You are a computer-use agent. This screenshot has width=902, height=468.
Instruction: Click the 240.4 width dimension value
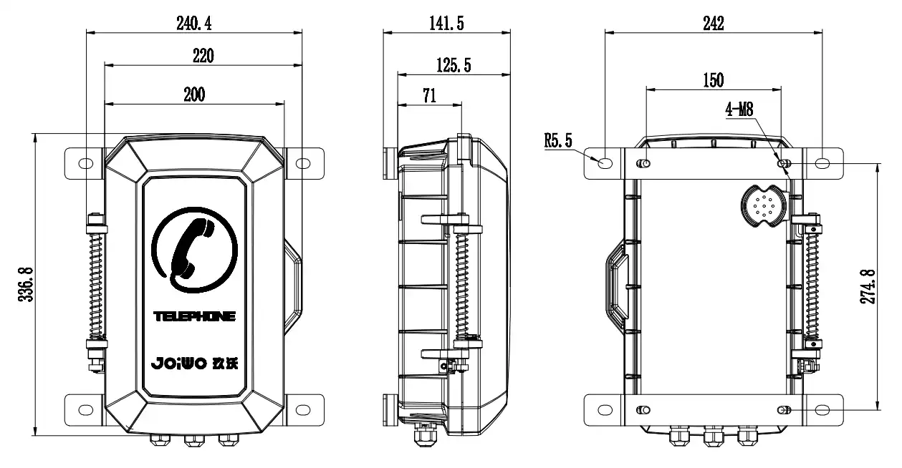[193, 24]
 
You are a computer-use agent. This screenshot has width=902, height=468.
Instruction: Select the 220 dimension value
[203, 56]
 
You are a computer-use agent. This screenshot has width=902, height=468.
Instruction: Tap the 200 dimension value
[194, 94]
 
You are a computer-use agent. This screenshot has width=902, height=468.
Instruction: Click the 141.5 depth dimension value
[446, 24]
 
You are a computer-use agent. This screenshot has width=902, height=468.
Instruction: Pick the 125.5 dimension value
[454, 65]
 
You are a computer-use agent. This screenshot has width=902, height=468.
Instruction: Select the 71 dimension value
[429, 96]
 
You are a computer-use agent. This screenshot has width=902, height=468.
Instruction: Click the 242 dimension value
[713, 24]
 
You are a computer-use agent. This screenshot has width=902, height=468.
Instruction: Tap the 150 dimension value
[713, 80]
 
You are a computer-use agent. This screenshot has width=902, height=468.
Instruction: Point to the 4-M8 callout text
[739, 109]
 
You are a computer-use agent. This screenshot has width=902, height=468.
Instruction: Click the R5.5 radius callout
[558, 140]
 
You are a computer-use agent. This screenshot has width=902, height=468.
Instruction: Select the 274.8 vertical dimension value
[868, 287]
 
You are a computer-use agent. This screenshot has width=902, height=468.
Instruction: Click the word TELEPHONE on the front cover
[194, 316]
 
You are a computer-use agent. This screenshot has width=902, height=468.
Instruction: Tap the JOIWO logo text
[179, 363]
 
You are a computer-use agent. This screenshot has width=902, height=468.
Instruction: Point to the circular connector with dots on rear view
[764, 206]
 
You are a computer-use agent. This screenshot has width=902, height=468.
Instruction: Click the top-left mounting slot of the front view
[86, 164]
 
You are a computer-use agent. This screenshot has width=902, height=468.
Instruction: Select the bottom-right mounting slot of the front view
[303, 410]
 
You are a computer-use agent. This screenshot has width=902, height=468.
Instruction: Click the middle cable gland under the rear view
[713, 436]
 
